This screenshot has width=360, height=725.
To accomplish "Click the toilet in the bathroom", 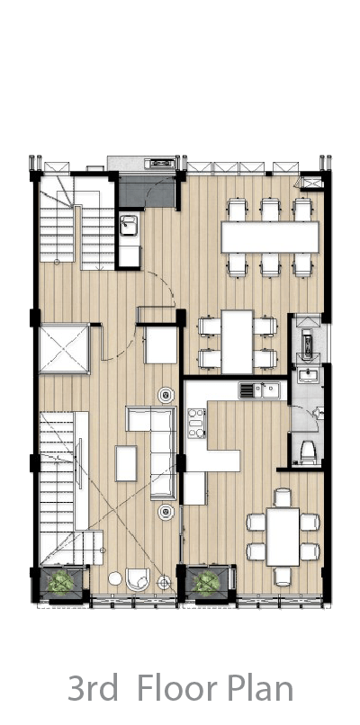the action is pos(308,452).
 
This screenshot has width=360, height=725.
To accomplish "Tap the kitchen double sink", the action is pos(259,389).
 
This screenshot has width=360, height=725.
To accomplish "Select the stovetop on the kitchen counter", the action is pos(196,423).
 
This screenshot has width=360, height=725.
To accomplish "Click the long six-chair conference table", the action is pos(270,237).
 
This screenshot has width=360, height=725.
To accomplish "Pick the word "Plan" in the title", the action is pos(261,688).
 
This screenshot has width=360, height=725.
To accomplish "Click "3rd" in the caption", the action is pos(93,688).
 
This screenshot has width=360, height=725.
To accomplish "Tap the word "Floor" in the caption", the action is pos(177,688).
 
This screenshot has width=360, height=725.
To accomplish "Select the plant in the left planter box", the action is pos(60,582).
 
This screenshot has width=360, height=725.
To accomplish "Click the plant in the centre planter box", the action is pos(206,583).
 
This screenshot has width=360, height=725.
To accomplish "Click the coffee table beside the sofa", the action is pos(126,463).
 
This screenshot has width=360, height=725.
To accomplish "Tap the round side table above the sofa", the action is pos(166,395).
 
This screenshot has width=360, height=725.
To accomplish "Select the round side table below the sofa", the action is pos(166,510).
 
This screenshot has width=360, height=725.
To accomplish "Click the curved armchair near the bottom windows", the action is pos(138,579).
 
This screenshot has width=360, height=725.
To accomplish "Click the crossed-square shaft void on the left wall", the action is pos(63,348).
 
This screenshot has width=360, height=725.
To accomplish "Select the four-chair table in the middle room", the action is pos(237,342).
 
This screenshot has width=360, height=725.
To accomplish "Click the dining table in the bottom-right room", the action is pos(283,536).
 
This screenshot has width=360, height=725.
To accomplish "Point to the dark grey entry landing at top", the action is pos(147,191).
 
